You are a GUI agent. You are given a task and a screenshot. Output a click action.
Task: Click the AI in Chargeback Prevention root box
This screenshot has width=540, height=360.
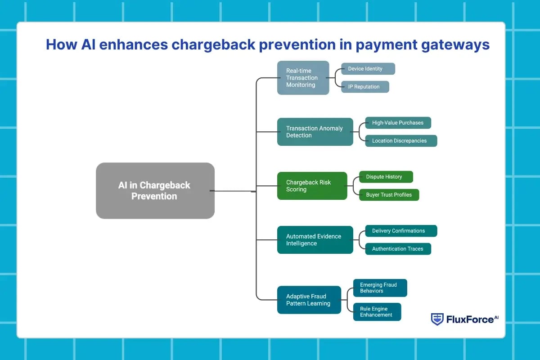coord(155,191)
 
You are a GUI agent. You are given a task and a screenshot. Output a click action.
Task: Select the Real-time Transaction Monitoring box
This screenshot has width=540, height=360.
coord(303,78)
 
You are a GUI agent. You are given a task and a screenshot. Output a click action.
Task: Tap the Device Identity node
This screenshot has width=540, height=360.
coord(368,69)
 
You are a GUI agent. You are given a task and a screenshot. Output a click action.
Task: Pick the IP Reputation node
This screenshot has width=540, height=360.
coord(364,87)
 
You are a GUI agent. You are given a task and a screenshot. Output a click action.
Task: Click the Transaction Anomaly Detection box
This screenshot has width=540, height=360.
coord(315,132)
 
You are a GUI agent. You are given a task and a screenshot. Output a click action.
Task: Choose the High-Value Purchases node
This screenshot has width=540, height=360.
coord(398,123)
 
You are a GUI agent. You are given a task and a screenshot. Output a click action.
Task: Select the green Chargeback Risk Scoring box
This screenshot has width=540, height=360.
coord(312,186)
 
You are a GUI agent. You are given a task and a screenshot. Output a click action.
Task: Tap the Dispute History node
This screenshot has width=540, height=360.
coord(386,177)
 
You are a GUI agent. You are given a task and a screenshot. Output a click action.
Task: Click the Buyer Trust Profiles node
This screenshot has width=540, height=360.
coord(389,195)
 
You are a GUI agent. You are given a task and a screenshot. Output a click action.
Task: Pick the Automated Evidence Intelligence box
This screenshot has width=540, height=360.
coord(315,240)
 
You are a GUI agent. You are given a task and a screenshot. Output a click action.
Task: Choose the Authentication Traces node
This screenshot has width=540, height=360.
coord(398,249)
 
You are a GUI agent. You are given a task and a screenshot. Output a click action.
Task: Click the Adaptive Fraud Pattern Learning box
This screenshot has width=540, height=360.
coord(309,300)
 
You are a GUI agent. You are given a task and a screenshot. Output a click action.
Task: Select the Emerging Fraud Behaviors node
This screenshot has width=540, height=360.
coord(380,288)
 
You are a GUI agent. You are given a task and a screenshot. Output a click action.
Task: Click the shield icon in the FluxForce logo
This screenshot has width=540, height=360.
coord(437,319)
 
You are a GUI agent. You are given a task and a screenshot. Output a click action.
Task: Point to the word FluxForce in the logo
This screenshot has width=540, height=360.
coord(469,319)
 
